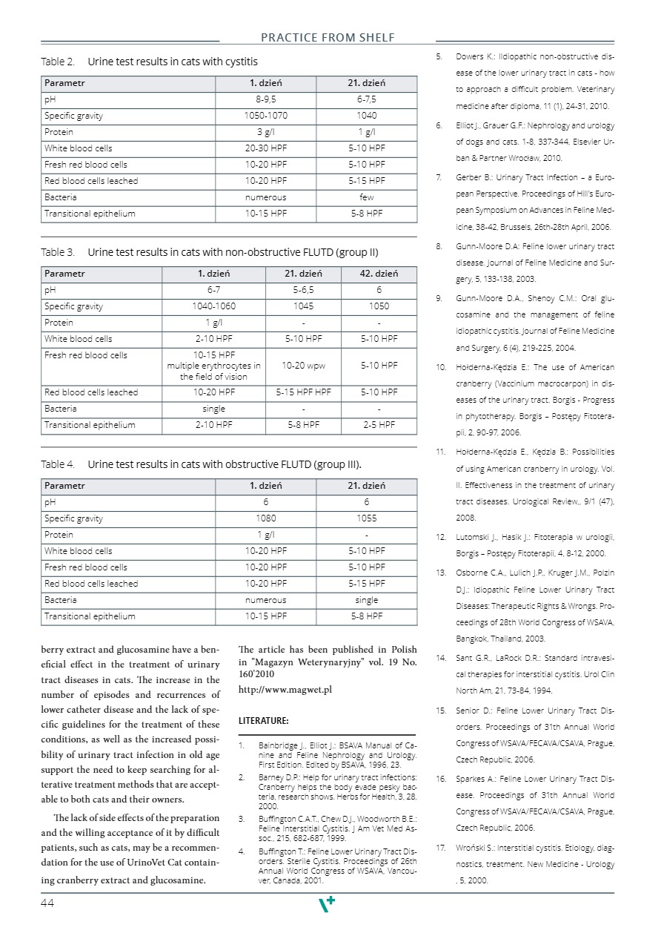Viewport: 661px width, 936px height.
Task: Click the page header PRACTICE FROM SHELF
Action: (x=328, y=38)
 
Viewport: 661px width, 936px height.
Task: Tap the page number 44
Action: (x=48, y=903)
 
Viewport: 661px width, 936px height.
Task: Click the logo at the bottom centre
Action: (x=326, y=903)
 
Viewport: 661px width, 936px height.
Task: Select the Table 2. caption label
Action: (x=58, y=62)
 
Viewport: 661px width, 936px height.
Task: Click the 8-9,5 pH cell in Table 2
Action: (x=265, y=99)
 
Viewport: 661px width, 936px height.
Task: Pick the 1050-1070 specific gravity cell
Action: (x=265, y=116)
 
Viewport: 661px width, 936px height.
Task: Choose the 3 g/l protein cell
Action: (x=265, y=132)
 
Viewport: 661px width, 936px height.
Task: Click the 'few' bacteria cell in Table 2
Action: (x=366, y=197)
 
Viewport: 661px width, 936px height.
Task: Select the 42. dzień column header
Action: (x=379, y=274)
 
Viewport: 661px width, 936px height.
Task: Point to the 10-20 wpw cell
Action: (x=303, y=366)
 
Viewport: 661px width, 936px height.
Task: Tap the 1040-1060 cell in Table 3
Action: (x=214, y=306)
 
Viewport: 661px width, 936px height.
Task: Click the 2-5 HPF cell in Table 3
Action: (x=379, y=425)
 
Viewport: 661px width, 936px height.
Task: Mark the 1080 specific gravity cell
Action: (x=265, y=518)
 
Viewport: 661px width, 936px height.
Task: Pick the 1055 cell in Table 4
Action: (x=366, y=518)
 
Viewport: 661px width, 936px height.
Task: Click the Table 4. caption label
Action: (x=58, y=465)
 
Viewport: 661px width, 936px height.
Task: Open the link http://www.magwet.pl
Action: (x=285, y=690)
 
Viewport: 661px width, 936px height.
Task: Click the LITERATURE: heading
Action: (x=263, y=720)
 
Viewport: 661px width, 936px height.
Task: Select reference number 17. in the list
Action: (x=440, y=847)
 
